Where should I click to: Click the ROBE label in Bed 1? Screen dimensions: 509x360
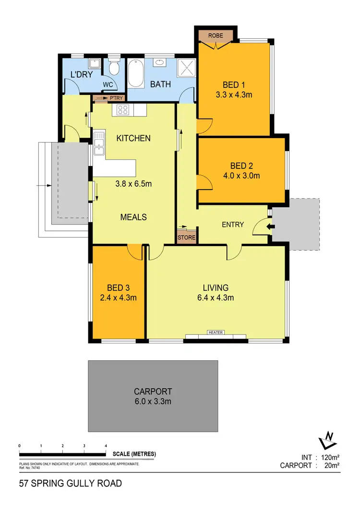216,35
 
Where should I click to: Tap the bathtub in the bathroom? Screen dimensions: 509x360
135,73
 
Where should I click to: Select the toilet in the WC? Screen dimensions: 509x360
114,68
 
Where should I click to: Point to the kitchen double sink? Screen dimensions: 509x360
100,143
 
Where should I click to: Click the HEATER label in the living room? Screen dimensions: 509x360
216,332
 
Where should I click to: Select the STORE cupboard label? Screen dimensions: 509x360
187,237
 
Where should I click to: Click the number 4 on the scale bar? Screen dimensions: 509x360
106,446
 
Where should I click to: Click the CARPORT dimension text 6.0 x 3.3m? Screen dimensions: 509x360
153,401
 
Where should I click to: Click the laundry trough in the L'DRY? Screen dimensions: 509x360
95,63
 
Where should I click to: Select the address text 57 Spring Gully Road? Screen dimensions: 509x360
71,483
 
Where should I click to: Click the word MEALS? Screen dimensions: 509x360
133,217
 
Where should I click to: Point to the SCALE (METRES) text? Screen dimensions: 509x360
134,454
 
